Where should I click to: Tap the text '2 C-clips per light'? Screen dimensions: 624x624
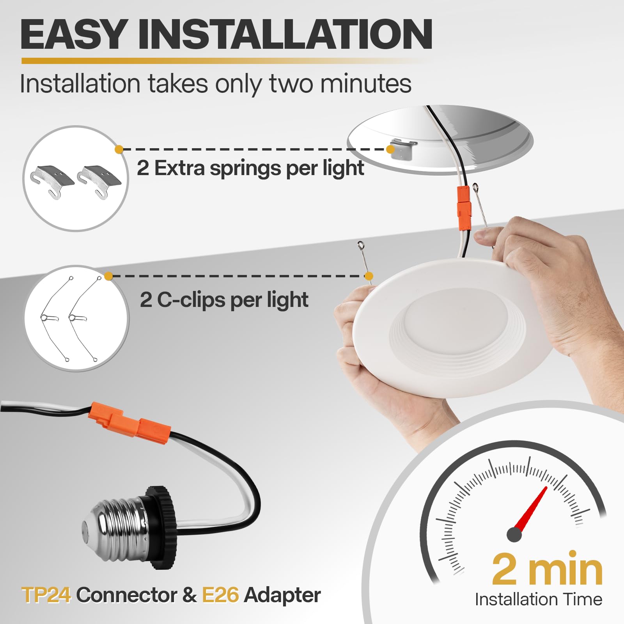tap(224, 300)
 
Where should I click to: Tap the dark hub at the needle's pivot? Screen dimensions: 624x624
tap(514, 534)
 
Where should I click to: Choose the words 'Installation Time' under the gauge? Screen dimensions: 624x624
tap(538, 599)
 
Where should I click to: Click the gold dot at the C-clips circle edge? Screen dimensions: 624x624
tap(109, 276)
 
